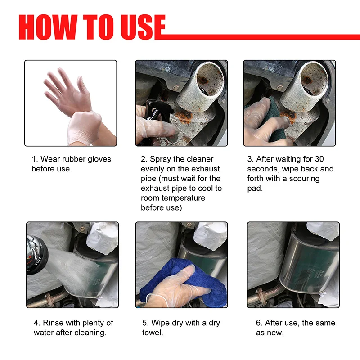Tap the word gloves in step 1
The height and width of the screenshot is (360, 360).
pyautogui.click(x=96, y=159)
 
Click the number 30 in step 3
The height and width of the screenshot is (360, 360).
pyautogui.click(x=319, y=159)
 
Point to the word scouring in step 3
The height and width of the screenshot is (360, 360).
pyautogui.click(x=304, y=179)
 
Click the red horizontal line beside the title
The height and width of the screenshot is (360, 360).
pyautogui.click(x=261, y=36)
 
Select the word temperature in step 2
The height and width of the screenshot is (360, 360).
pyautogui.click(x=180, y=198)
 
